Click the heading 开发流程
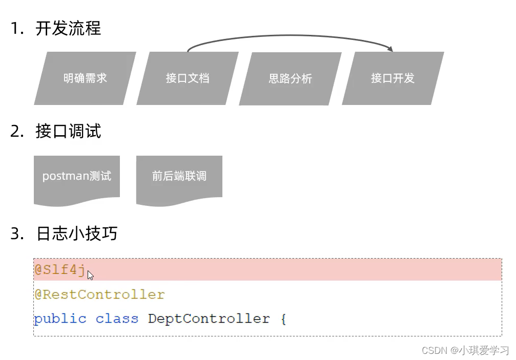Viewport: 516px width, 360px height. coord(68,28)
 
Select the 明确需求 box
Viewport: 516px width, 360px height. coord(85,78)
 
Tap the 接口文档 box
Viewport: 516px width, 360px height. coord(188,78)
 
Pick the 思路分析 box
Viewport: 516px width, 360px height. coord(290,79)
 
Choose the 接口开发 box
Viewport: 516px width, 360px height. coord(393,78)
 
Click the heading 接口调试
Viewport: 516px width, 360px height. coord(68,131)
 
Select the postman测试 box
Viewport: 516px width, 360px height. coord(77,177)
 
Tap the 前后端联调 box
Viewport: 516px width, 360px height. coord(179,177)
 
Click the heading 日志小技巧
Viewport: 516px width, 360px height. coord(77,234)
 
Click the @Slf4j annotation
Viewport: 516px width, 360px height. coord(59,270)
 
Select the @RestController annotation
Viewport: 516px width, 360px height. coord(99,295)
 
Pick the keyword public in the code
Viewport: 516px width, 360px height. coord(60,319)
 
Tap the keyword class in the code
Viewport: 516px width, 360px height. coord(117,319)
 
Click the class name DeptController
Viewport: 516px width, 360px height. coord(209,319)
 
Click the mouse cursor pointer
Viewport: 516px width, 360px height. coord(90,276)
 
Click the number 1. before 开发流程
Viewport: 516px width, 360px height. coord(17,29)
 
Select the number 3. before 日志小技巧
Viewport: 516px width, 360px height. coord(17,234)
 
